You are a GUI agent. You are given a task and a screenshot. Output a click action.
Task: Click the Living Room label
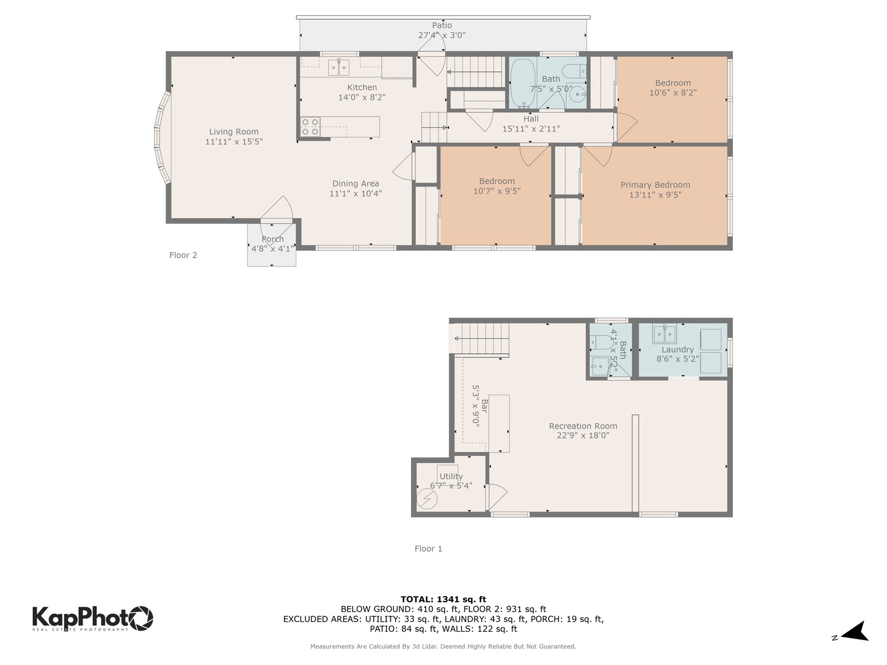pos(233,132)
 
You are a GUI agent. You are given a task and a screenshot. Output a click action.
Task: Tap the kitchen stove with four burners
pos(310,127)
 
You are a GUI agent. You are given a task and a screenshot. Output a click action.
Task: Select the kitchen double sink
pos(338,67)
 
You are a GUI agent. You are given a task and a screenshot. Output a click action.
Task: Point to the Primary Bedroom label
pos(655,185)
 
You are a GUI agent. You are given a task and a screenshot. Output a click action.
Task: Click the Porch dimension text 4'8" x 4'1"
pos(272,249)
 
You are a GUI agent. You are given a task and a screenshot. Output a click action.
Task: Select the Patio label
pos(442,25)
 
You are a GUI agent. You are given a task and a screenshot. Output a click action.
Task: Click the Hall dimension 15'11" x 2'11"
pos(531,129)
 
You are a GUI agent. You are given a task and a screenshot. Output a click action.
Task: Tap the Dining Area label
pos(355,183)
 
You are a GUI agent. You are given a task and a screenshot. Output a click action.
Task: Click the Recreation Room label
pos(583,426)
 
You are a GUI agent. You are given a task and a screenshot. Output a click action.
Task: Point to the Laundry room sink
pos(665,334)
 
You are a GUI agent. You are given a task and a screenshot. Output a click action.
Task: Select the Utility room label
pos(451,476)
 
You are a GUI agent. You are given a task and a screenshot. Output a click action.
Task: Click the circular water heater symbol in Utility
pos(426,498)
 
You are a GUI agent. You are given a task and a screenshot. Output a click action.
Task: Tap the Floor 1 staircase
pos(484,339)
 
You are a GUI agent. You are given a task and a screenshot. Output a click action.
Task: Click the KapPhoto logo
pos(92,618)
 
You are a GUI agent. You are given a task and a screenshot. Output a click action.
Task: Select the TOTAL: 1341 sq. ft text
pos(443,599)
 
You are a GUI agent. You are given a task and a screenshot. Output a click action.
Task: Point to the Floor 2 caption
pos(183,255)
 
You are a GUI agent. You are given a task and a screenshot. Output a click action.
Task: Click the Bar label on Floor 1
pos(485,406)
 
